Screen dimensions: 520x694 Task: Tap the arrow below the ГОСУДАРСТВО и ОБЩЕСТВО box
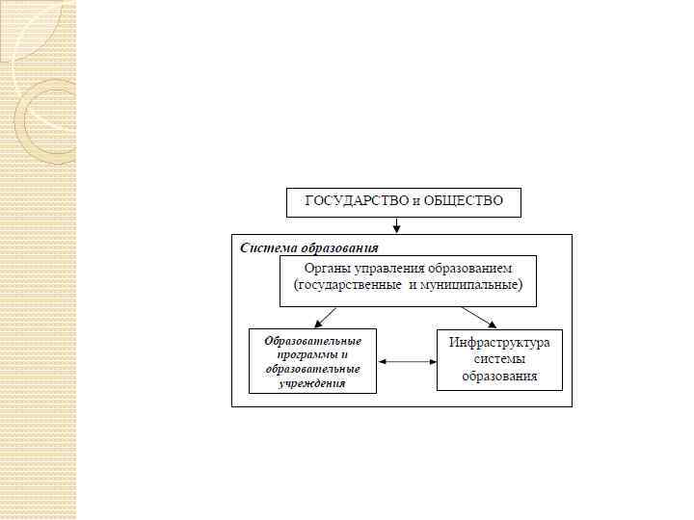[x=396, y=224]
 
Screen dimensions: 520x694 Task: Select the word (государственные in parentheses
[x=346, y=285]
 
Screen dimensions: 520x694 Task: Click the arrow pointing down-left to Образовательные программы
[x=325, y=317]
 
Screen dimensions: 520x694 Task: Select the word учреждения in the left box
[x=312, y=382]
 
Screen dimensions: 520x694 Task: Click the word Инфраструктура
[x=498, y=343]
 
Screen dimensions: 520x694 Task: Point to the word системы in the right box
[x=499, y=359]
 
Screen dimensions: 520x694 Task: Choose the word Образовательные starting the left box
[x=312, y=341]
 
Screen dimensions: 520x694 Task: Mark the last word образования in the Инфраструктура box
[x=499, y=376]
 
